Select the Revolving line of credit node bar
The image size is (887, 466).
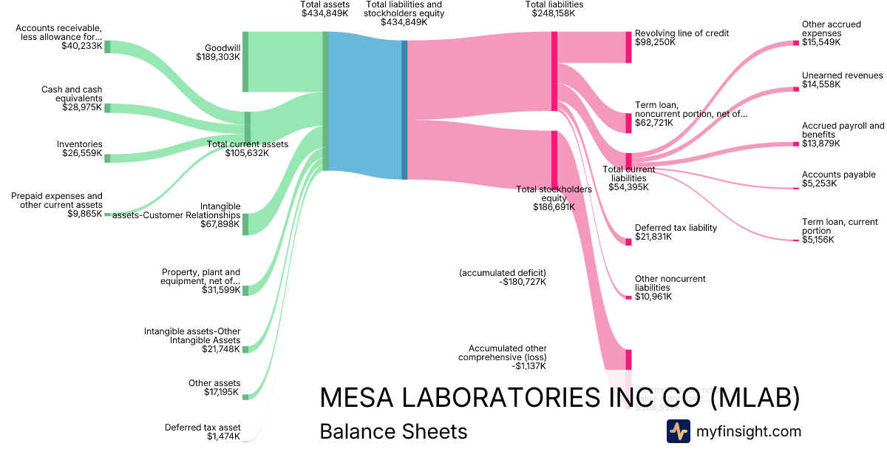629,47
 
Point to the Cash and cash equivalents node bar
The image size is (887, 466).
107,108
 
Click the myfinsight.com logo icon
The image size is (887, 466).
678,431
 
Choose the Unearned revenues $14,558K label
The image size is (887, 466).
842,80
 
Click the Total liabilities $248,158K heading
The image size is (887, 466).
554,9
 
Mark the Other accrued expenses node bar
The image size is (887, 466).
796,43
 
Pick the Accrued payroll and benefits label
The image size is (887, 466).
843,130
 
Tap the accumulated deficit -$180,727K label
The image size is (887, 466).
503,277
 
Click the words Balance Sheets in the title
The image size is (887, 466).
393,432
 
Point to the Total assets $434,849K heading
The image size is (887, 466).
324,9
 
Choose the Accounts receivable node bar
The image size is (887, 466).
107,47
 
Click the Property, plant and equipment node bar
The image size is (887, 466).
245,290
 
